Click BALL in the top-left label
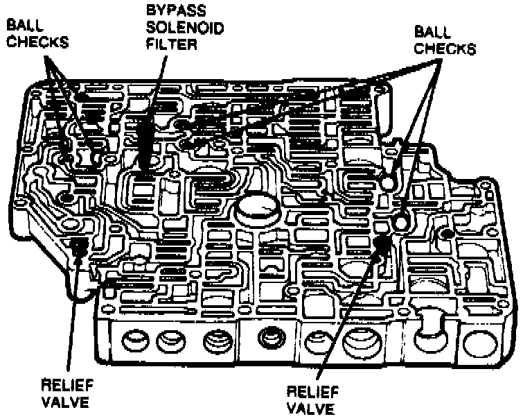(x=23, y=24)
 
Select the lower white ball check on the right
(x=401, y=222)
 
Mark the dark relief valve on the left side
(x=78, y=244)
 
